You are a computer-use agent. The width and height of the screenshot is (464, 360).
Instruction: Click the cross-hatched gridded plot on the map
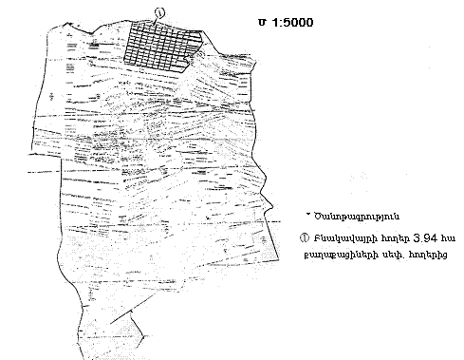(162, 45)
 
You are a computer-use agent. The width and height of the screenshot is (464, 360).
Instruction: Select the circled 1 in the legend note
(304, 237)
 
